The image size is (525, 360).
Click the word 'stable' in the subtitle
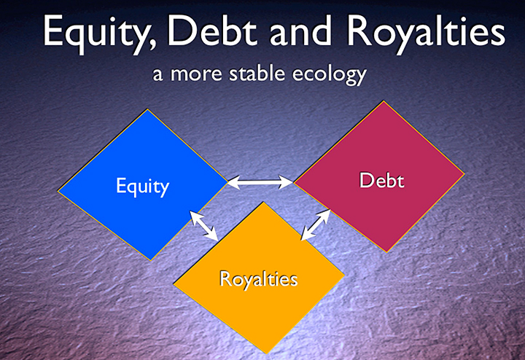click(257, 74)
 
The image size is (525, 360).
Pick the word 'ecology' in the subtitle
click(329, 75)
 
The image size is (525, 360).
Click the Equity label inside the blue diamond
click(142, 187)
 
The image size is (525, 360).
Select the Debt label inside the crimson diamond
click(381, 180)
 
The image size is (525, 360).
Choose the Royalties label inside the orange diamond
click(258, 278)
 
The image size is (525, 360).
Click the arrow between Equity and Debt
click(260, 182)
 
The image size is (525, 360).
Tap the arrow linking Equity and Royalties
click(204, 225)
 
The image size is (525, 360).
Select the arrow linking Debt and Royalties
click(316, 225)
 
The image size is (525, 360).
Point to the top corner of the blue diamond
click(147, 109)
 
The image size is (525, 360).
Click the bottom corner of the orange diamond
click(267, 353)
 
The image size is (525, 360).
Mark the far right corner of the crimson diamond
click(464, 173)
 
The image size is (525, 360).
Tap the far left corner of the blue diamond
click(58, 191)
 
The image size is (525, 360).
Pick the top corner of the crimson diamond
click(384, 101)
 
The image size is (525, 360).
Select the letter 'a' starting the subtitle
click(157, 75)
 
